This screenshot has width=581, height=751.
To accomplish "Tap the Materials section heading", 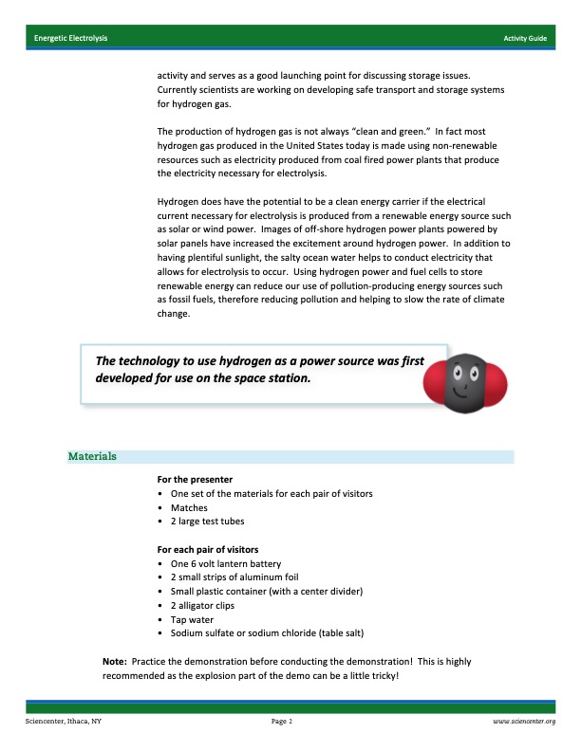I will tap(92, 456).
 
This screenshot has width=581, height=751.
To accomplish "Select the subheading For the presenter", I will tap(195, 479).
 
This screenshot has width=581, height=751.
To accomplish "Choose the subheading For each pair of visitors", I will tap(208, 549).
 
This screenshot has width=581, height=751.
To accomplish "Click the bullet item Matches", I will tap(189, 507).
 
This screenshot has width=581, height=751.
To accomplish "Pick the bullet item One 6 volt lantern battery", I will tap(227, 563).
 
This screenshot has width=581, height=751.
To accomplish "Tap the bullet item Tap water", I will tap(193, 619).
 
